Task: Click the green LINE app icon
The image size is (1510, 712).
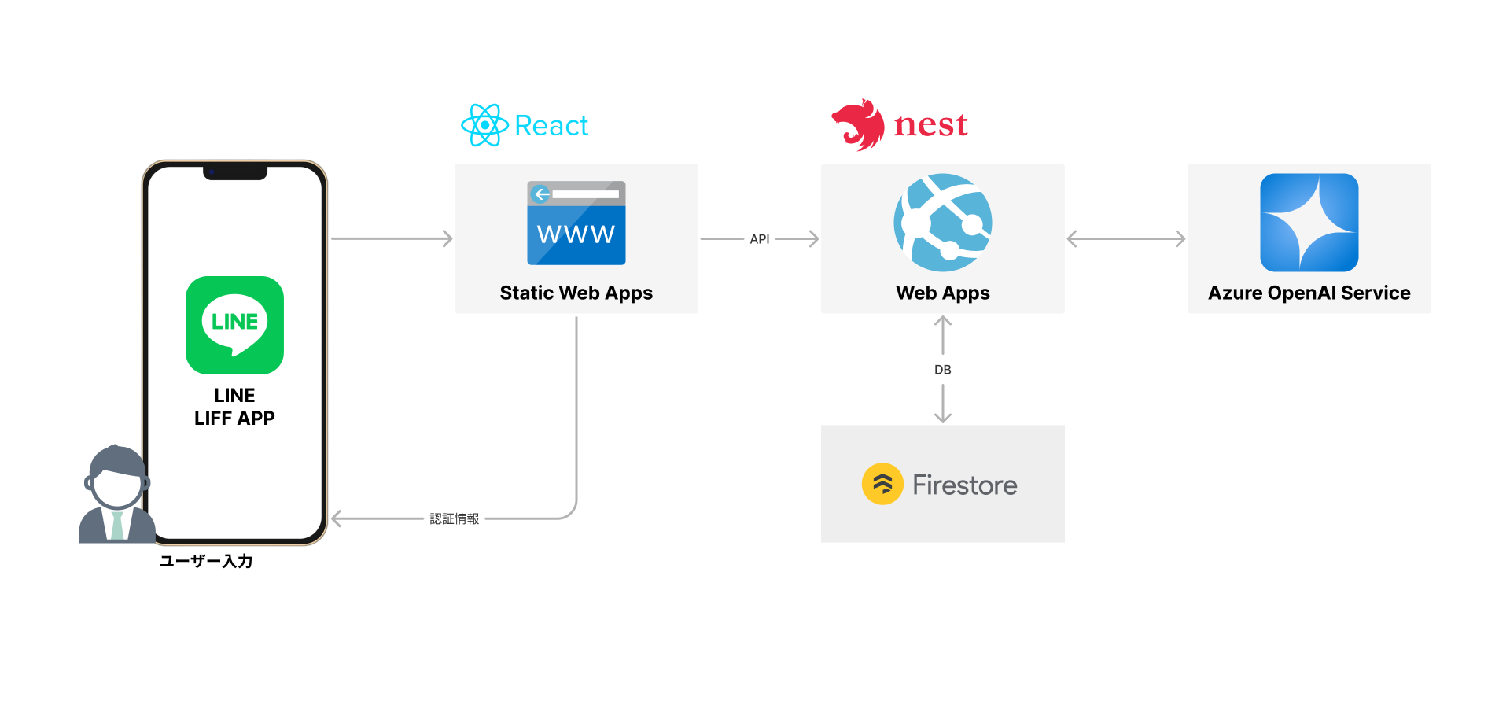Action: point(234,325)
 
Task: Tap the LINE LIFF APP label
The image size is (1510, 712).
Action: point(234,407)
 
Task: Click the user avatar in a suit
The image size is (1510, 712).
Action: point(116,496)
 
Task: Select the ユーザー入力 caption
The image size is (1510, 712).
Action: point(206,561)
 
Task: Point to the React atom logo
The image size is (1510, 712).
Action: point(484,125)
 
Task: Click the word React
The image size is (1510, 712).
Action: point(551,126)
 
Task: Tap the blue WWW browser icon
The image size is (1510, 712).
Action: point(576,223)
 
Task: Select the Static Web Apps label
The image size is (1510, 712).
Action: point(576,293)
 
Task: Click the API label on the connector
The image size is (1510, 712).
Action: point(760,239)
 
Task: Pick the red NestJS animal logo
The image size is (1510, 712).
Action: point(859,124)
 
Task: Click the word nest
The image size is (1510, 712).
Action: point(930,125)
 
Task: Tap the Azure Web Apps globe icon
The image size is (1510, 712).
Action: point(943,223)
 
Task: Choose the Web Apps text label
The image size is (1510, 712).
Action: point(943,293)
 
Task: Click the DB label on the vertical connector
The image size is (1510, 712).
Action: point(943,370)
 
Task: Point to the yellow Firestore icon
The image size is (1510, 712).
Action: point(882,484)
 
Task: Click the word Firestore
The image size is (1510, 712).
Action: point(965,485)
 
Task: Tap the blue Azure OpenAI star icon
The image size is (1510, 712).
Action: point(1309,223)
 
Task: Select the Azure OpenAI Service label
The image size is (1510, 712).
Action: point(1309,293)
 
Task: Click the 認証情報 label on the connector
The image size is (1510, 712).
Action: point(455,518)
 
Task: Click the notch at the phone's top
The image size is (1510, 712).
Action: point(235,172)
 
